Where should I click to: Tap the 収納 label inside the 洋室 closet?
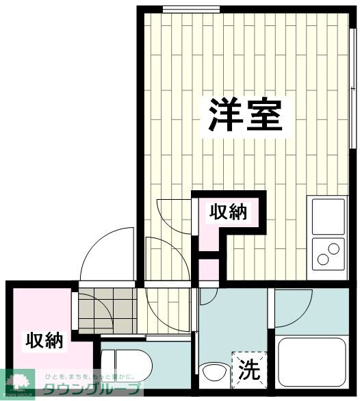click(x=227, y=213)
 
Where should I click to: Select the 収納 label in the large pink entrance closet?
click(x=44, y=339)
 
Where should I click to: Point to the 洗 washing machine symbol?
click(x=248, y=370)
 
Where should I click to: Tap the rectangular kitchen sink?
click(x=329, y=216)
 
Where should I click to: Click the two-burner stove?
click(x=329, y=253)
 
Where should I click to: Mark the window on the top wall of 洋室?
click(x=192, y=8)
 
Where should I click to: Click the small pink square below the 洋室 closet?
click(x=209, y=269)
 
